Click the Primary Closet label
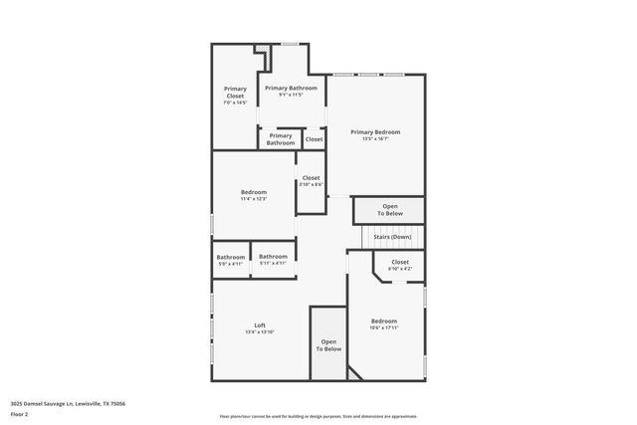point(235,92)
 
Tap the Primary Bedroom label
point(375,131)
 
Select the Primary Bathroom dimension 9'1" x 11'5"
point(291,95)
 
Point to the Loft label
point(259,324)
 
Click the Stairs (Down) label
point(392,237)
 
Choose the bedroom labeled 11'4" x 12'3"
point(254,195)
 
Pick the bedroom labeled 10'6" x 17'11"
point(384,324)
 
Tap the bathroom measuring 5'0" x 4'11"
point(231,261)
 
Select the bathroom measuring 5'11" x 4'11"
point(273,260)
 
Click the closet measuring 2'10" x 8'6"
point(312,181)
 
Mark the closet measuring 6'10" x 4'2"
point(399,265)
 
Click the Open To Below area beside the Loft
point(328,345)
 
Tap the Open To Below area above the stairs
point(389,210)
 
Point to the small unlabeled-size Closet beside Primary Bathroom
point(314,139)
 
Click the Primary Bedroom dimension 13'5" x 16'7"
point(375,138)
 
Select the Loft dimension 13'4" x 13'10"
point(259,331)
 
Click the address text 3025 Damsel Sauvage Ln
point(68,403)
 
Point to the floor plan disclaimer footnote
point(318,417)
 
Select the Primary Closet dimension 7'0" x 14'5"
point(235,103)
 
